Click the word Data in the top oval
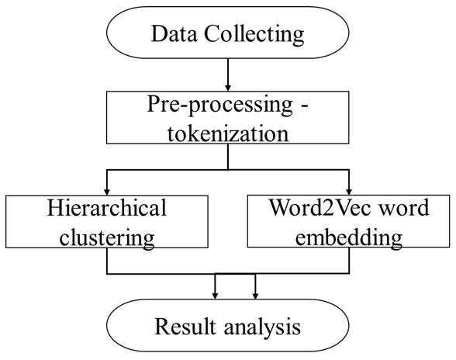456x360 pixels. pyautogui.click(x=174, y=33)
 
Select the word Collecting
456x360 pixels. pyautogui.click(x=254, y=35)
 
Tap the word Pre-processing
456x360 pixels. pyautogui.click(x=220, y=105)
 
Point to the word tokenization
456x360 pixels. pyautogui.click(x=228, y=133)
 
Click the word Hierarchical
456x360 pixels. pyautogui.click(x=107, y=207)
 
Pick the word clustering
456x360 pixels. pyautogui.click(x=107, y=238)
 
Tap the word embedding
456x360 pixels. pyautogui.click(x=349, y=238)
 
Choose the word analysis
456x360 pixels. pyautogui.click(x=262, y=327)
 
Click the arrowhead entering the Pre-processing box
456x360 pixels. pyautogui.click(x=228, y=88)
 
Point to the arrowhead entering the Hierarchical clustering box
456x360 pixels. pyautogui.click(x=107, y=192)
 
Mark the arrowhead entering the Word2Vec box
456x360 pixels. pyautogui.click(x=349, y=192)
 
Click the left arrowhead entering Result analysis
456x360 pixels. pyautogui.click(x=215, y=296)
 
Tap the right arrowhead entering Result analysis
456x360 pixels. pyautogui.click(x=255, y=296)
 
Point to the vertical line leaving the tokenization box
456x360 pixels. pyautogui.click(x=228, y=157)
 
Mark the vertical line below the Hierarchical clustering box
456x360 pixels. pyautogui.click(x=107, y=261)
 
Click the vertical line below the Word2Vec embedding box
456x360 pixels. pyautogui.click(x=349, y=261)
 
